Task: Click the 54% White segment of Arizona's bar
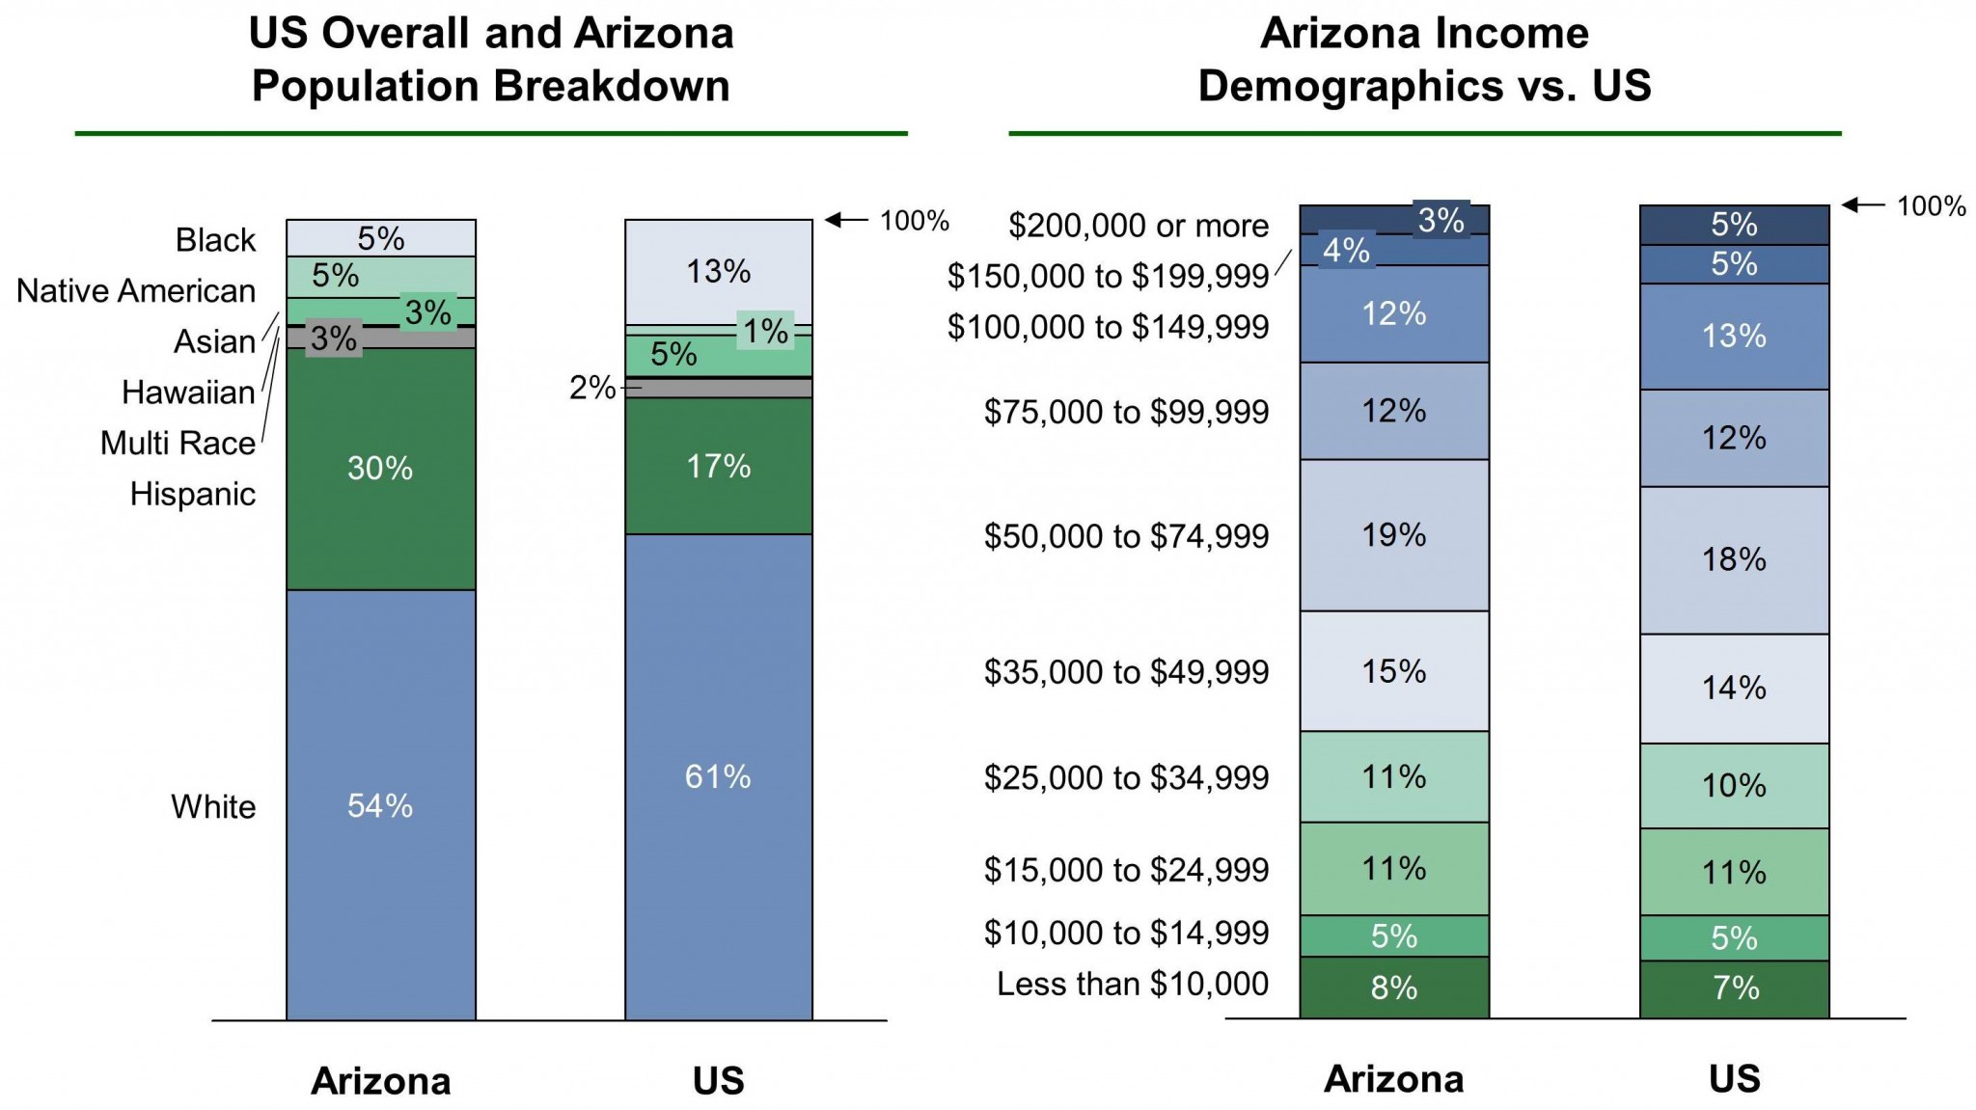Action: coord(380,805)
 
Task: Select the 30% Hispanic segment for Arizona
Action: coord(380,469)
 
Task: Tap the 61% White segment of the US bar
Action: coord(718,776)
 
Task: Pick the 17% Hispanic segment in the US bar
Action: coord(718,467)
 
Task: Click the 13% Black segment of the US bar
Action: coord(718,272)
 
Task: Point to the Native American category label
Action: coord(136,290)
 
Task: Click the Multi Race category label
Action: coord(178,443)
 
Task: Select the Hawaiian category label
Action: coord(188,393)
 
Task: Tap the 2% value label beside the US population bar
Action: coord(591,388)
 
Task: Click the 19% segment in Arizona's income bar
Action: coord(1393,535)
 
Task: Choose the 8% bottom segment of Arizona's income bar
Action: coord(1393,988)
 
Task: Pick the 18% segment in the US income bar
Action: coord(1734,559)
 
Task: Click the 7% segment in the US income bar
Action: coord(1734,988)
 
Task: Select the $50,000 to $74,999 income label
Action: coord(1126,536)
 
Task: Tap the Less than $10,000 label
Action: coord(1132,984)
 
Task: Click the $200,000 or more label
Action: coord(1138,226)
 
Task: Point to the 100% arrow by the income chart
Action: coord(1862,205)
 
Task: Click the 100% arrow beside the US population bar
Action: coord(847,220)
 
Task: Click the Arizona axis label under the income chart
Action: coord(1393,1079)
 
